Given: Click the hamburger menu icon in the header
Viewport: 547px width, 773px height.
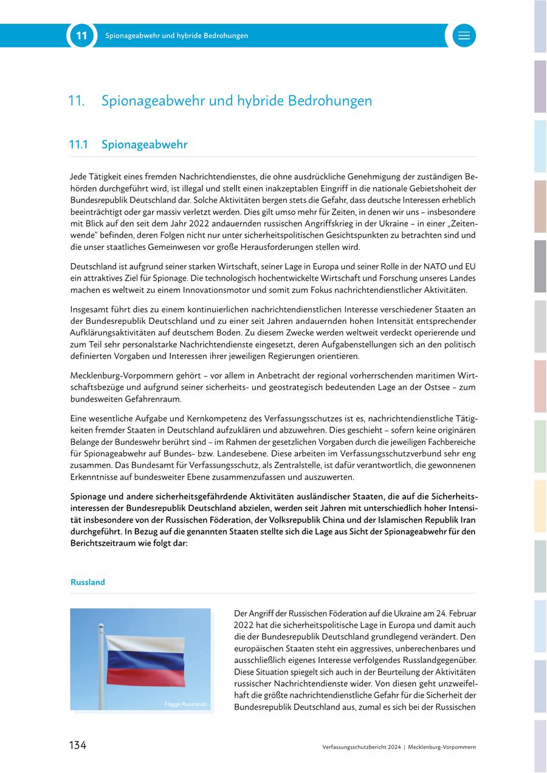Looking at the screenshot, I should (x=464, y=36).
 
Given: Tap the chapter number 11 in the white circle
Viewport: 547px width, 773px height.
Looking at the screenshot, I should (x=81, y=36).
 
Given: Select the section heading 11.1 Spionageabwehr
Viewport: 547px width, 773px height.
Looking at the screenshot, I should (x=129, y=145).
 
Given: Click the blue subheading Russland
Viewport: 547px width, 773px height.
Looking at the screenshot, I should (x=88, y=582).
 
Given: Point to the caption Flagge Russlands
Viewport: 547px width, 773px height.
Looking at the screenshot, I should (x=185, y=704).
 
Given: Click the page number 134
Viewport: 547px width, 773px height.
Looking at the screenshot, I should (x=77, y=746).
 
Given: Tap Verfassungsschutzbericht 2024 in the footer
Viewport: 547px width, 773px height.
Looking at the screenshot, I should (x=362, y=747).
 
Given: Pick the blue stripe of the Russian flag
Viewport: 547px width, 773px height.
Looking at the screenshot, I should (x=146, y=658).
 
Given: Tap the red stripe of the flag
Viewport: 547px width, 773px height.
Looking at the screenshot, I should (x=146, y=675).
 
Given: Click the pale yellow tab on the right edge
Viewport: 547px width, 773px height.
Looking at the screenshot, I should (x=540, y=506).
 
